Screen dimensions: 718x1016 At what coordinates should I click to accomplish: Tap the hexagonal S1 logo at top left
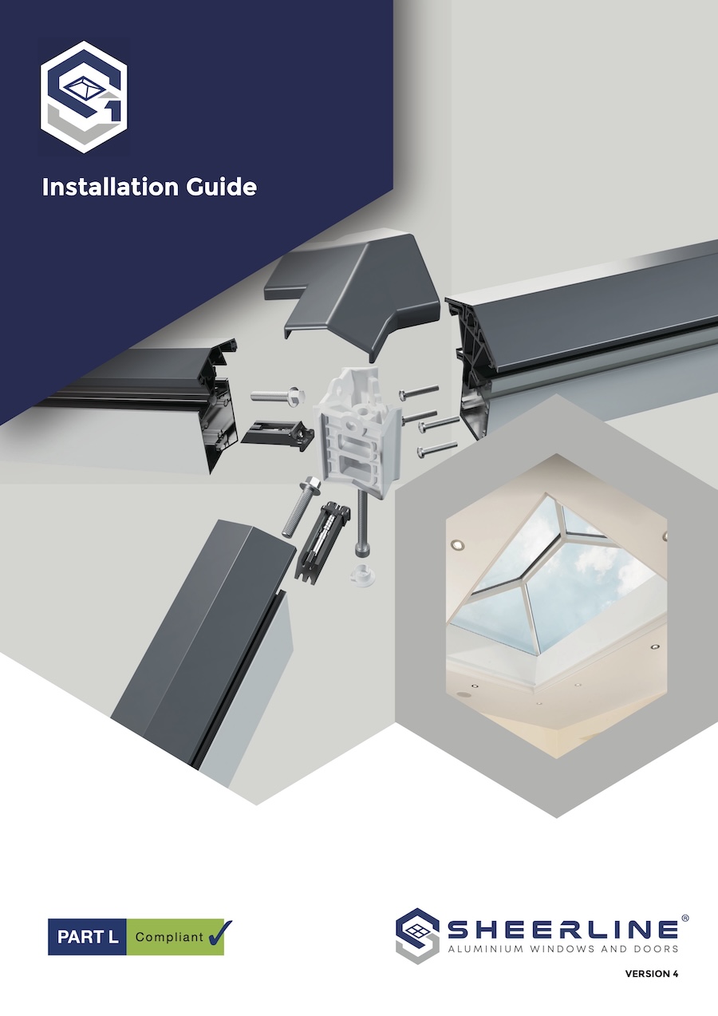click(84, 97)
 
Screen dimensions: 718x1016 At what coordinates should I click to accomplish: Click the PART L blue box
click(87, 937)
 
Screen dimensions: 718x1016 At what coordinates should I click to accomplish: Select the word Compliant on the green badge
click(168, 937)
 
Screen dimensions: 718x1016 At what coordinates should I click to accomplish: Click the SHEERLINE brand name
click(562, 928)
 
